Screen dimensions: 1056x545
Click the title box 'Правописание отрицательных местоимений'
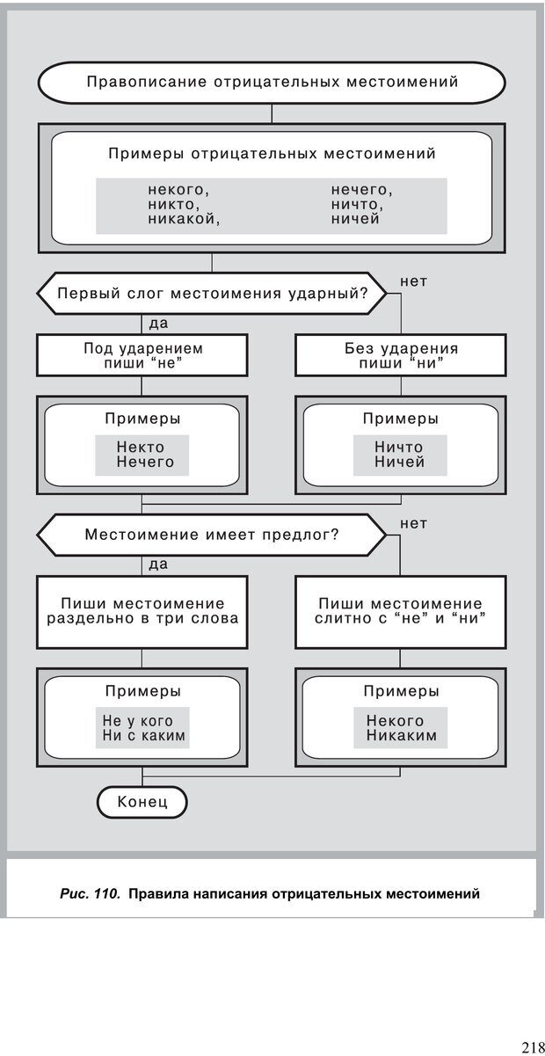(272, 83)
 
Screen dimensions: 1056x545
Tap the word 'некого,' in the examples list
(179, 190)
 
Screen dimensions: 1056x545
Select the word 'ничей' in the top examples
(355, 219)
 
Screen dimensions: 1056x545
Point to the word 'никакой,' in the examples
(184, 219)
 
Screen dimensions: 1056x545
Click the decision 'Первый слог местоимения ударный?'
(212, 293)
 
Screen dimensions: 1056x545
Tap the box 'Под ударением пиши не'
(142, 355)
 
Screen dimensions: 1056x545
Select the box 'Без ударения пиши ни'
(401, 355)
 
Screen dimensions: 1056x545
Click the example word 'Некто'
(141, 447)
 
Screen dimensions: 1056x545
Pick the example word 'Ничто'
(399, 447)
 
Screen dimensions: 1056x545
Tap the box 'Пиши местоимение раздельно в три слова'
(142, 610)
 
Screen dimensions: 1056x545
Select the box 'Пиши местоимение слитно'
(401, 610)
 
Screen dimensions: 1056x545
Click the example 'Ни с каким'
(144, 736)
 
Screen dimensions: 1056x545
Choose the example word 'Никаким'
(402, 736)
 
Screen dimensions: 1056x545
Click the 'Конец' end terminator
(142, 802)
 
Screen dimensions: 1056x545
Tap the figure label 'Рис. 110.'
(90, 894)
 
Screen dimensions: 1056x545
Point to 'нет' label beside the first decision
(413, 281)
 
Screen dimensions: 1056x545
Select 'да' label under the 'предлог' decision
(158, 564)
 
